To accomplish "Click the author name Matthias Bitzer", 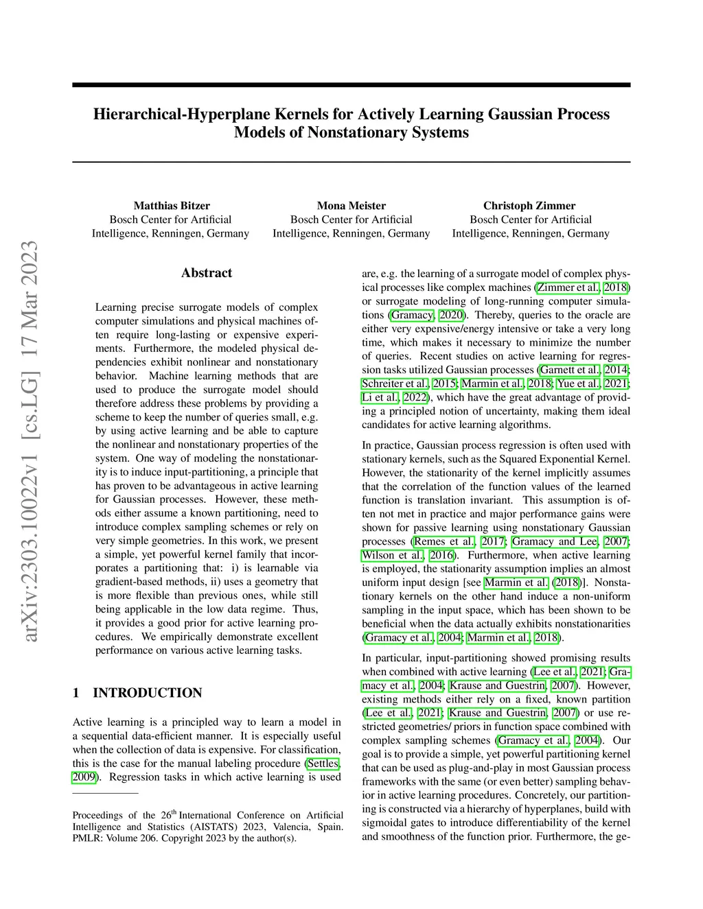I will [172, 206].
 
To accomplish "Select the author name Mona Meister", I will [351, 206].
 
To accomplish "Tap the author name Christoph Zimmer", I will [529, 206].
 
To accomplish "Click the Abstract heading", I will [207, 273].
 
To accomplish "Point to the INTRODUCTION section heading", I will [148, 693].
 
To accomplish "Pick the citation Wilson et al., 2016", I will [408, 555].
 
